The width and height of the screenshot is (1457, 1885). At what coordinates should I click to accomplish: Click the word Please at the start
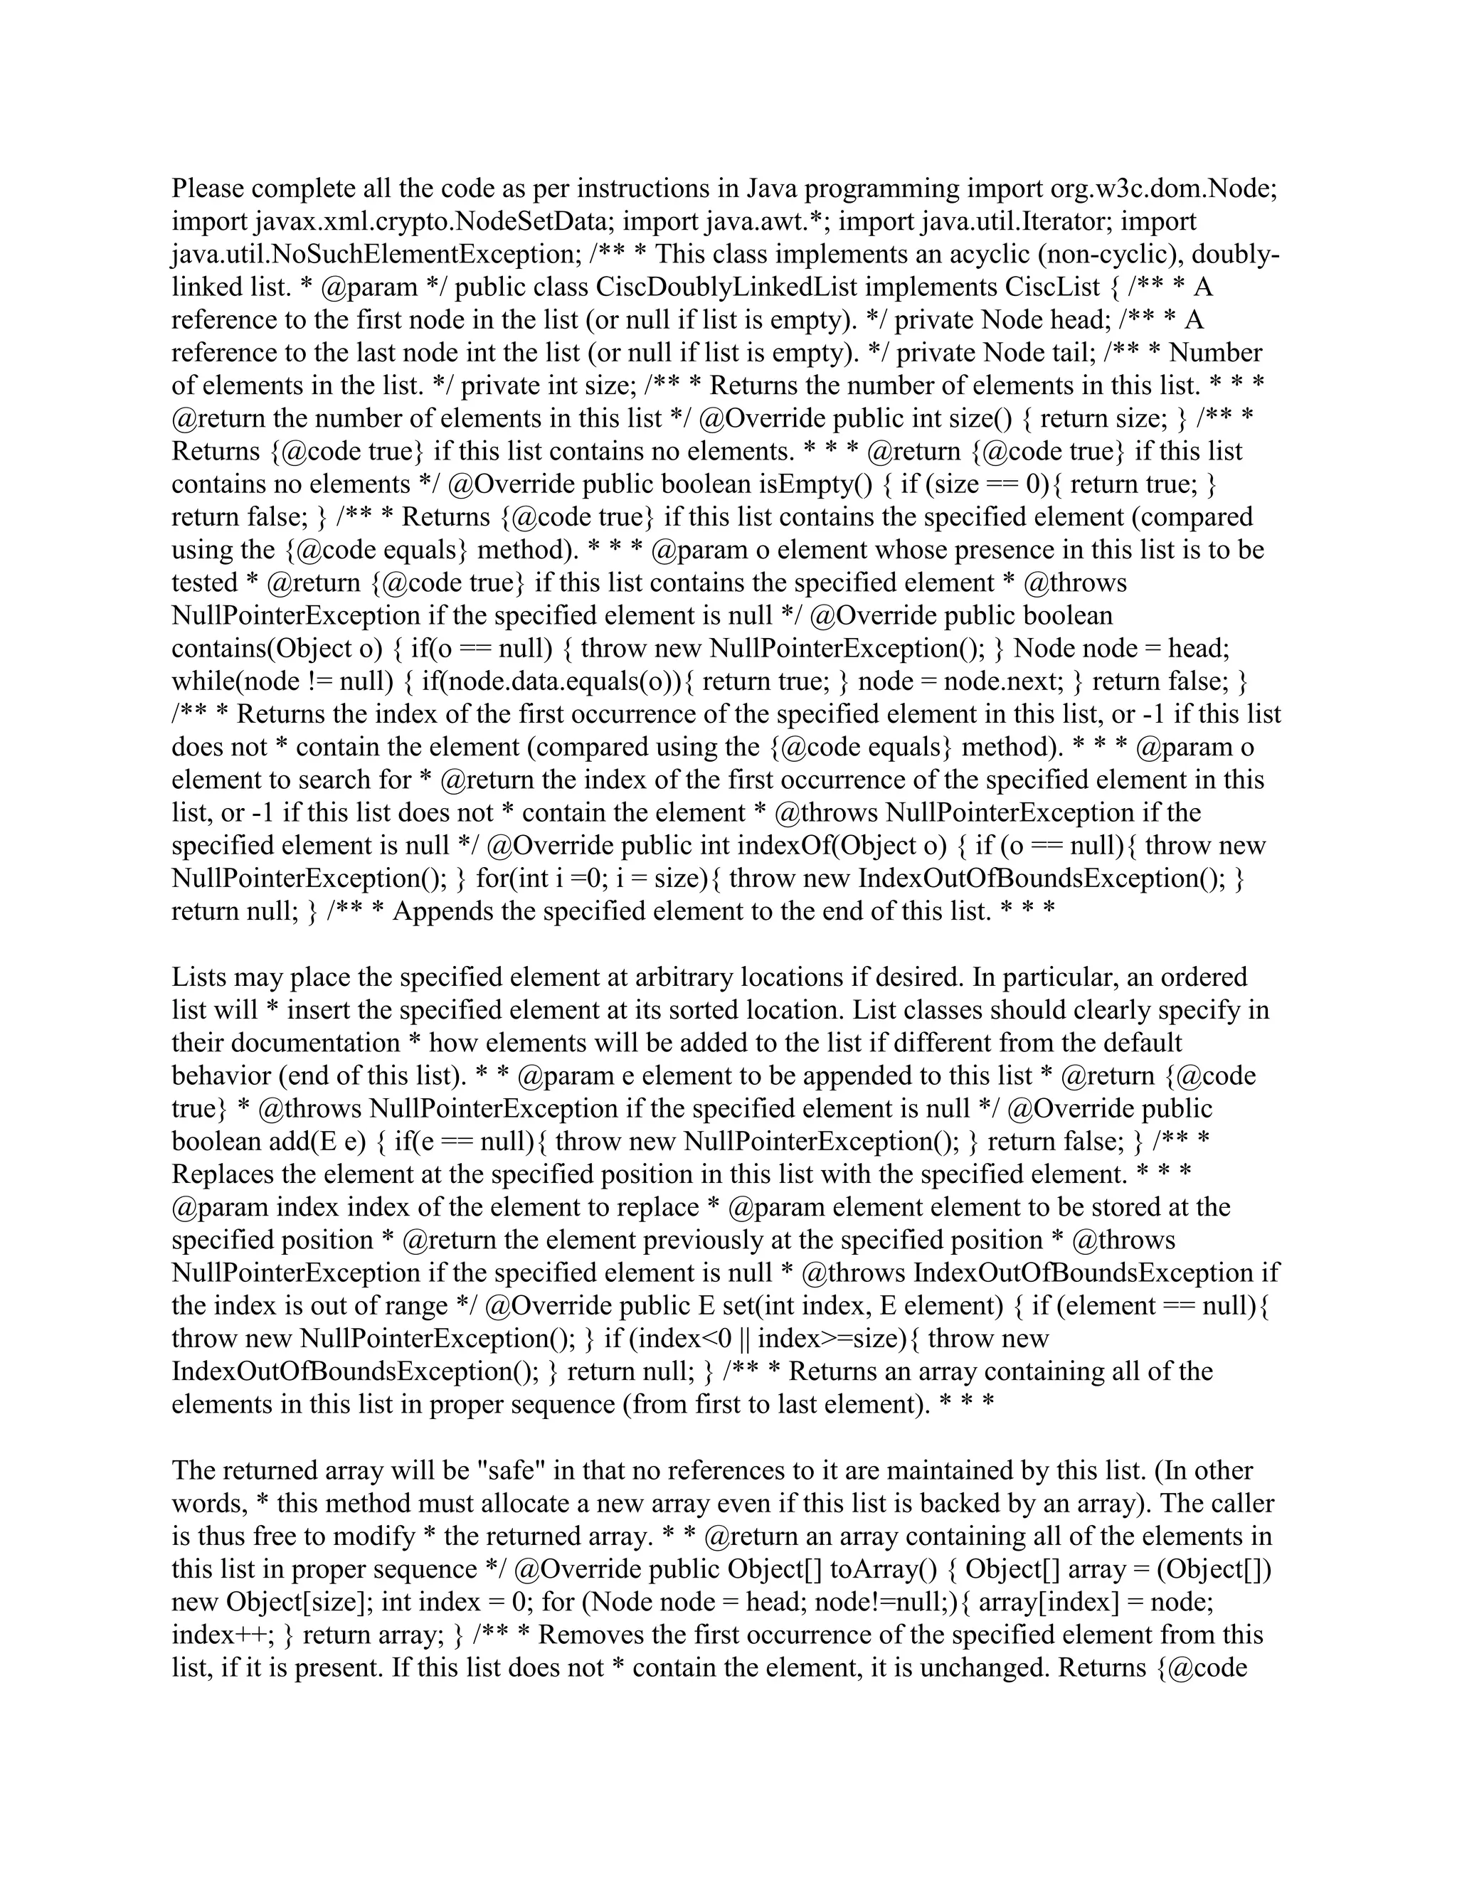(207, 188)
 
